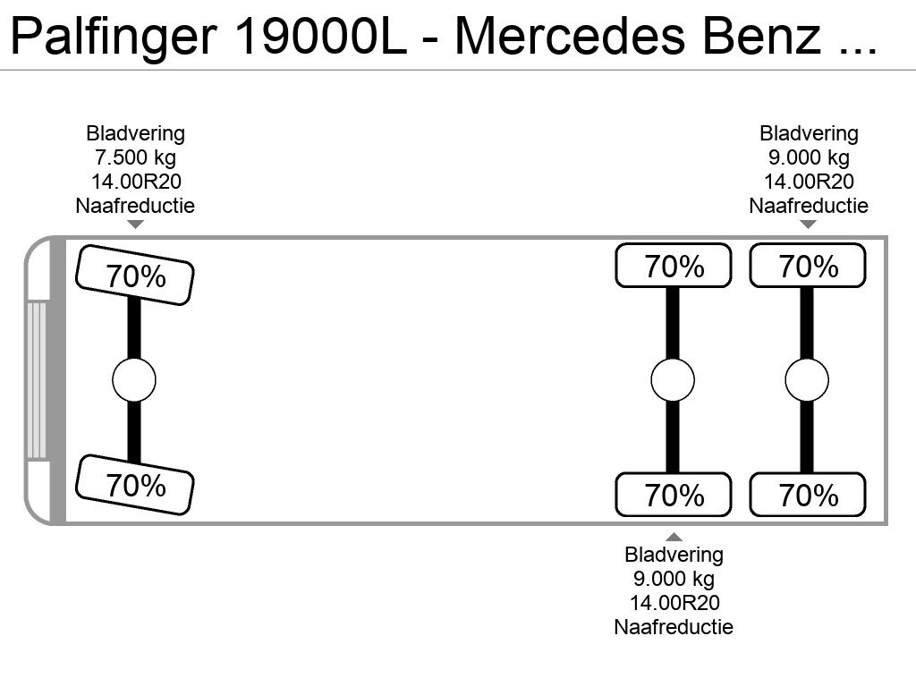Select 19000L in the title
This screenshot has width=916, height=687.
coord(320,36)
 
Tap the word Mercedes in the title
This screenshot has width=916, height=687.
coord(570,36)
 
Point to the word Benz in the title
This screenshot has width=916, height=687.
coord(761,36)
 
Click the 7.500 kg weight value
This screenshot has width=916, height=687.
coord(136,157)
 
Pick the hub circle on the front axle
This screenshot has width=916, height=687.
coord(134,379)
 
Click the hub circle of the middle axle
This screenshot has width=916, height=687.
coord(673,379)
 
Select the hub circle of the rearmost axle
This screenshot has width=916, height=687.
coord(807,379)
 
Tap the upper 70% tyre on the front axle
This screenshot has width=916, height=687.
coord(135,276)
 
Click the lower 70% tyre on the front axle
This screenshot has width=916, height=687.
coord(135,485)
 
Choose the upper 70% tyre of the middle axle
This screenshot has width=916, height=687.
coord(674,266)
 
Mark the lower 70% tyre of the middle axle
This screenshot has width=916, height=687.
coord(674,495)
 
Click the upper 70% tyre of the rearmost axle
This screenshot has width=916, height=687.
coord(808,266)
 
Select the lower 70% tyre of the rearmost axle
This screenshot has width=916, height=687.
coord(808,495)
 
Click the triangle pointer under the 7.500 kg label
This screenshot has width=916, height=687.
coord(136,225)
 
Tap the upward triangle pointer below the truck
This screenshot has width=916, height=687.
coord(674,537)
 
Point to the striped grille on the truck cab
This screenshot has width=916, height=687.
coord(37,379)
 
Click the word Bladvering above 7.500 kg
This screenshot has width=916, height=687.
coord(136,134)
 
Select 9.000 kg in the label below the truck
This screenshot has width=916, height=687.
coord(674,579)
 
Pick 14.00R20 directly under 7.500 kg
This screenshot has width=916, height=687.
coord(136,182)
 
